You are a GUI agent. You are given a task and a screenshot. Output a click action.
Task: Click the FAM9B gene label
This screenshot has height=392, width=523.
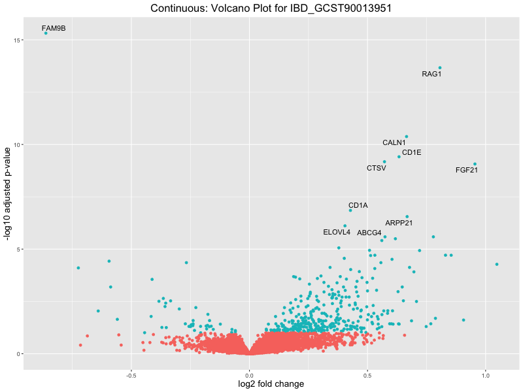pos(54,28)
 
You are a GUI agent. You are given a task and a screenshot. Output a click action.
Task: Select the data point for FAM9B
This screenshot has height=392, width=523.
pos(46,33)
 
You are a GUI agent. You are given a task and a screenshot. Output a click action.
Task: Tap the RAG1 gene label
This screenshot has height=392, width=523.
pos(431,74)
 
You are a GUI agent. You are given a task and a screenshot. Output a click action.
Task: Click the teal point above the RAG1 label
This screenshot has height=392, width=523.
pos(440,67)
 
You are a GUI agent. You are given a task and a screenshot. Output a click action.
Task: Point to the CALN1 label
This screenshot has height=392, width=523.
pos(394,142)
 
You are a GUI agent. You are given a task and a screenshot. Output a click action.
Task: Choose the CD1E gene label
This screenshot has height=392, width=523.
pos(411,152)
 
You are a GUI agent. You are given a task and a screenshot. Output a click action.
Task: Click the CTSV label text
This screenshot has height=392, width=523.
pos(376,168)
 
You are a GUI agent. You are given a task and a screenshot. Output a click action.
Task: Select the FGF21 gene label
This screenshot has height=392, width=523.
pos(467,170)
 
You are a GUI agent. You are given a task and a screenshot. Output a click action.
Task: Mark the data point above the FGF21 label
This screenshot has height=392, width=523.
pos(475,164)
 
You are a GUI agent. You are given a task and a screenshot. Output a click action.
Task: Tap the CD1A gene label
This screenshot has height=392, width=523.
pos(358,205)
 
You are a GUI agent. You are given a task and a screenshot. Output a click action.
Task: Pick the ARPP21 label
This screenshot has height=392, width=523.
pos(399,223)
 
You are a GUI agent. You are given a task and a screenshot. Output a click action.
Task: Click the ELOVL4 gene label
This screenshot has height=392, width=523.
pos(337,232)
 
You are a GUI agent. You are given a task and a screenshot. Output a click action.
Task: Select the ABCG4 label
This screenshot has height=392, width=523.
pos(369,233)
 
